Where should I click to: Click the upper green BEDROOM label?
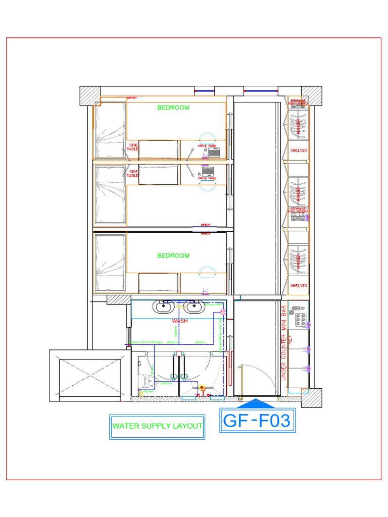(x=173, y=108)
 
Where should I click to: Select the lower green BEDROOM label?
(x=173, y=256)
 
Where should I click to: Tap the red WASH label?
(x=180, y=321)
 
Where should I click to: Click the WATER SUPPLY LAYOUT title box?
(x=157, y=426)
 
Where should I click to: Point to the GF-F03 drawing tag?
(x=257, y=421)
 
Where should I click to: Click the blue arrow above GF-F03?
(x=257, y=403)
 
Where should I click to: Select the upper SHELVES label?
(x=299, y=150)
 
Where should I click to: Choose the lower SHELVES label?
(x=299, y=286)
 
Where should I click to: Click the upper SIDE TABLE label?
(x=132, y=147)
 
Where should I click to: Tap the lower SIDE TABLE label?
(x=133, y=174)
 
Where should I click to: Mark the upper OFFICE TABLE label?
(x=206, y=146)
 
